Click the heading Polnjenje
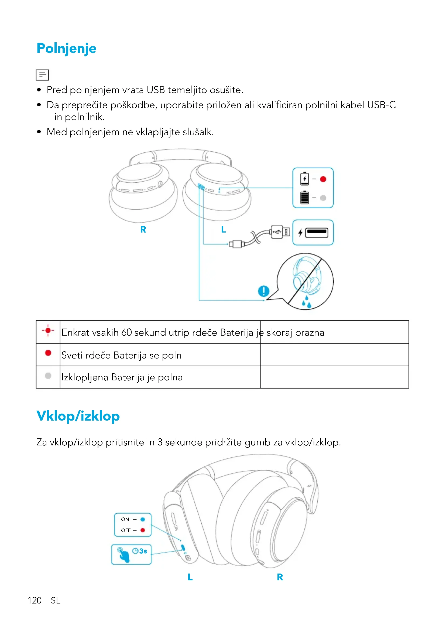coord(66,49)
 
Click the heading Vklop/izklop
coord(78,416)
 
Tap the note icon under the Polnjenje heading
coord(42,75)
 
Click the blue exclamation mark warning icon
coord(264,291)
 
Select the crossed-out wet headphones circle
coord(306,281)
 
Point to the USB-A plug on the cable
coord(280,232)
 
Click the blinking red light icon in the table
coord(48,331)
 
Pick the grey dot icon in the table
coord(48,376)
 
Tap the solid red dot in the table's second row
coord(48,353)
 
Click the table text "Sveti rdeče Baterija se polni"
coord(122,355)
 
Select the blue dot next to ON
coord(143,519)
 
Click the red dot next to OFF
coord(143,530)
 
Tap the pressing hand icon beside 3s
coord(123,555)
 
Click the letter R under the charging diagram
coord(143,230)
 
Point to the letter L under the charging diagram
coord(224,230)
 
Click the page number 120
coord(35,601)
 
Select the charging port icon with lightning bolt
coord(313,233)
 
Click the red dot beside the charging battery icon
coord(323,179)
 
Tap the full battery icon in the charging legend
coord(304,197)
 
